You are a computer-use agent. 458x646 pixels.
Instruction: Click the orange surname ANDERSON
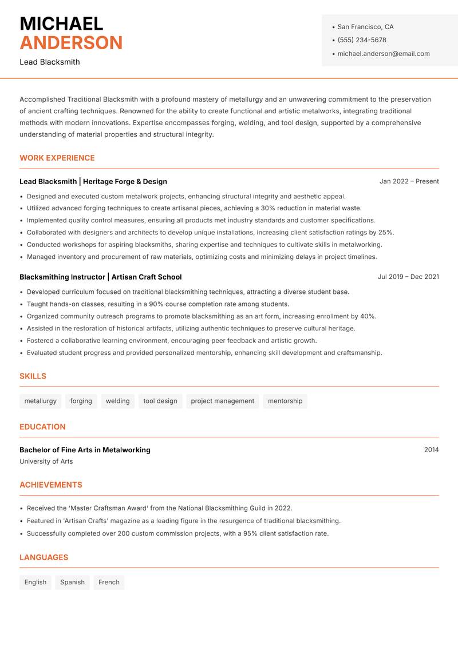71,43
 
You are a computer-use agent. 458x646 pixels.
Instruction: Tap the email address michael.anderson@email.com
383,54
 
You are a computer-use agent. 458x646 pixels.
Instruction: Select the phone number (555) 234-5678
361,40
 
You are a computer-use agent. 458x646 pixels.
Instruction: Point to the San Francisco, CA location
365,27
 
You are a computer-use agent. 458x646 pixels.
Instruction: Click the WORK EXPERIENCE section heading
57,158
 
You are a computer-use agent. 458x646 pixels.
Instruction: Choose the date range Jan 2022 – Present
409,181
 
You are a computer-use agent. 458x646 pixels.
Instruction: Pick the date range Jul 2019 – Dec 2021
408,277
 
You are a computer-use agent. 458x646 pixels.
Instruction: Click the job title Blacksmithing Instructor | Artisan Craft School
100,277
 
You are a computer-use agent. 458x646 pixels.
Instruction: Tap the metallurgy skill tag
40,401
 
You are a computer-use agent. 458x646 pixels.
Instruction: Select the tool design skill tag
160,401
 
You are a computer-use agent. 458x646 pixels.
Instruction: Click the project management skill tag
222,401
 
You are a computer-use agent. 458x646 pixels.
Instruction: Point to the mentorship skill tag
285,401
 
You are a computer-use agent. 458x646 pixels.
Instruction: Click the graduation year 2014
431,450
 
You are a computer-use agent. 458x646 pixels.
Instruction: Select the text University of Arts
46,461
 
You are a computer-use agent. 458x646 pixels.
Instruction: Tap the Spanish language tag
72,583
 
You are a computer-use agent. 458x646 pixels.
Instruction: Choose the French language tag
109,583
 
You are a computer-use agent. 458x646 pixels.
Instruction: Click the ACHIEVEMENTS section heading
51,485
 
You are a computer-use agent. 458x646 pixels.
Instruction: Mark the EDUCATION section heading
42,427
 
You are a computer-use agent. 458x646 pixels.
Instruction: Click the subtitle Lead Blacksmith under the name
50,62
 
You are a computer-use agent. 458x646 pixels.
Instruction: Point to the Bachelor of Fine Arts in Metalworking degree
85,450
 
